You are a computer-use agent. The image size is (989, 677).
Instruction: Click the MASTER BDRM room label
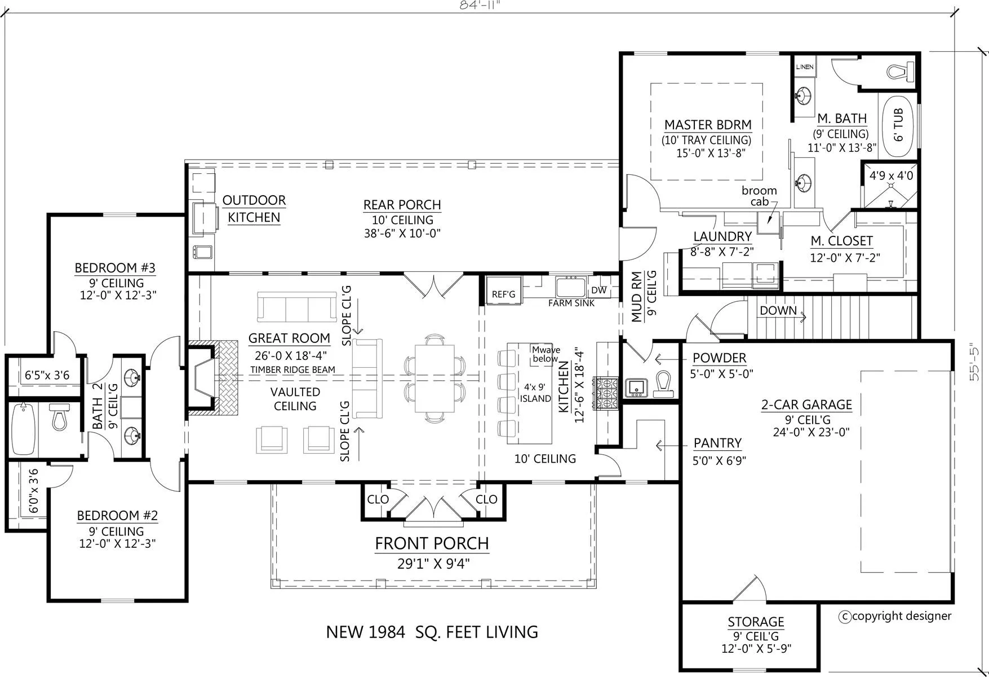(x=708, y=125)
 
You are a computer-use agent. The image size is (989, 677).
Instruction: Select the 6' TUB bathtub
(x=898, y=125)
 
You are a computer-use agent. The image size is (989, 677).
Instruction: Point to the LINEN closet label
(x=805, y=67)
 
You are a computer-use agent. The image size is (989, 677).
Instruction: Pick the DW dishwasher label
(x=599, y=290)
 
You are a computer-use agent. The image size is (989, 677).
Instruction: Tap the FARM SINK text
(x=571, y=303)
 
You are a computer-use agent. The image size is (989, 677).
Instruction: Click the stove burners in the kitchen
(x=606, y=393)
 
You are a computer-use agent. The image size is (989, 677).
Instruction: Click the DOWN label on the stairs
(x=778, y=310)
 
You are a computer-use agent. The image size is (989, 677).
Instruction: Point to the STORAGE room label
(x=756, y=622)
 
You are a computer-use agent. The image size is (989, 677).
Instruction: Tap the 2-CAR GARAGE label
(x=806, y=405)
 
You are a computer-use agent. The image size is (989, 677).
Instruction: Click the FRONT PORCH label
(x=432, y=543)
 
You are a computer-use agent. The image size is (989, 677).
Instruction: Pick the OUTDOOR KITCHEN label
(x=254, y=209)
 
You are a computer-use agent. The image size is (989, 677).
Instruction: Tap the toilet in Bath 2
(x=59, y=416)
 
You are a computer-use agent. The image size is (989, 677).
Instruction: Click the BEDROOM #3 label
(x=115, y=268)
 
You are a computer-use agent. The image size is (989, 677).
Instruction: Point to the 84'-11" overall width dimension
(x=480, y=5)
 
